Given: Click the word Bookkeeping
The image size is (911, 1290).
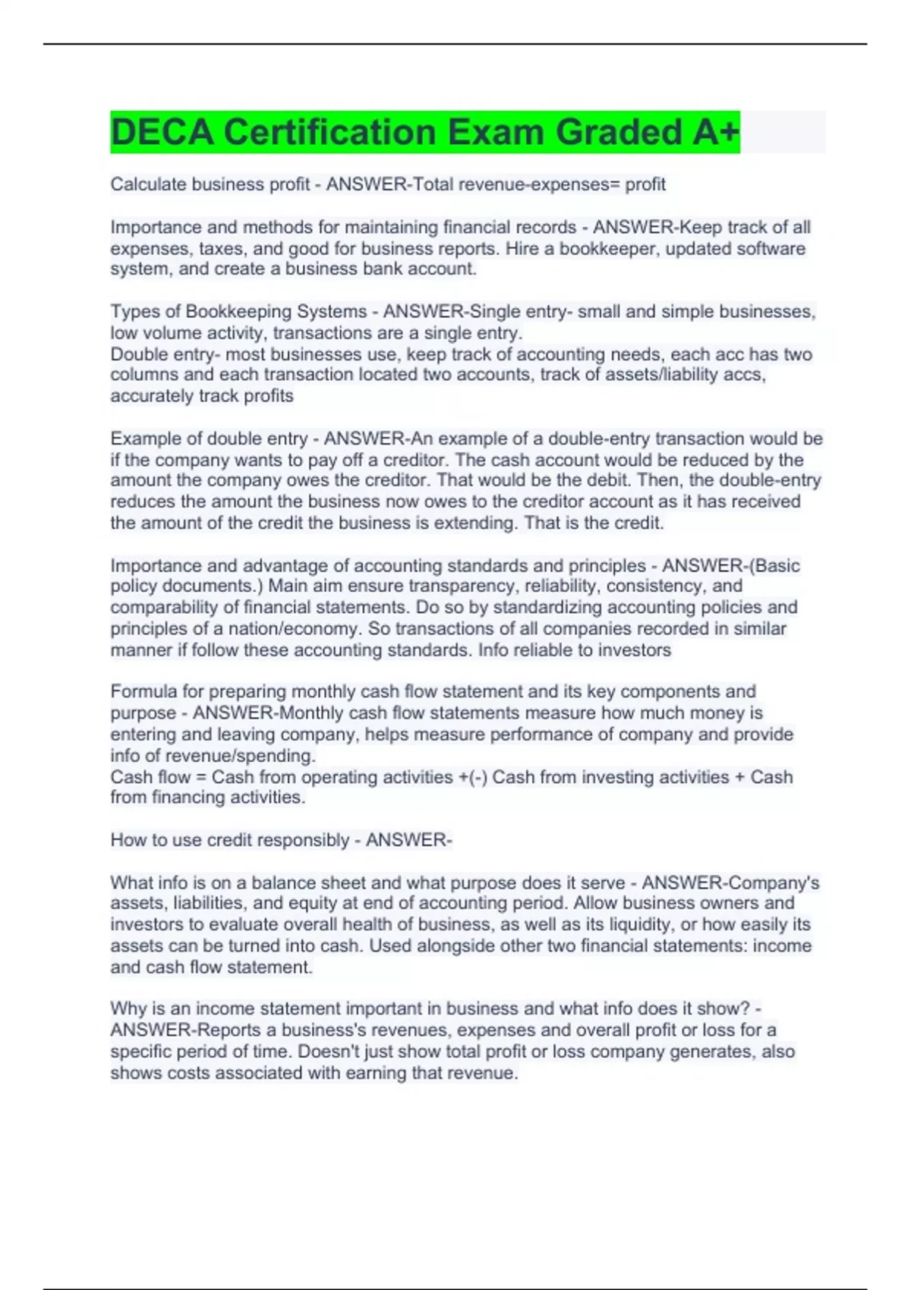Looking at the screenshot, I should [238, 312].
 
